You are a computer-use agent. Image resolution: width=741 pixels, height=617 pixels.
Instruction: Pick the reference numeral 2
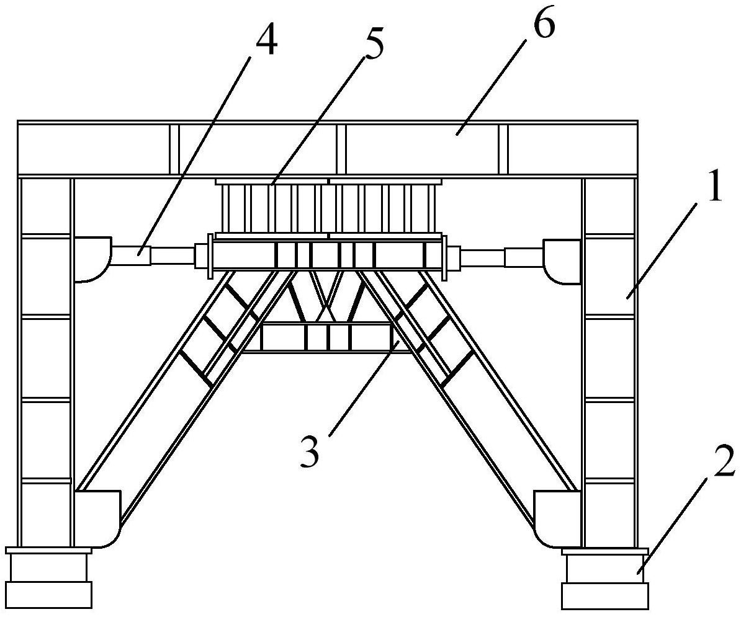[x=724, y=459]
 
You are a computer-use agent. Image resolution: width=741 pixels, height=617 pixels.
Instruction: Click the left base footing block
[x=48, y=578]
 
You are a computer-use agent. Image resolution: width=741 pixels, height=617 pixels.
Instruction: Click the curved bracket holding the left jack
[x=92, y=260]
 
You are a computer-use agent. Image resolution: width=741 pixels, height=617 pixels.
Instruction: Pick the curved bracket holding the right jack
[x=562, y=262]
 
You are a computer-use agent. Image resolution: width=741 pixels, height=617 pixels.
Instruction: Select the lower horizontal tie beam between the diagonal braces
[x=326, y=337]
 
